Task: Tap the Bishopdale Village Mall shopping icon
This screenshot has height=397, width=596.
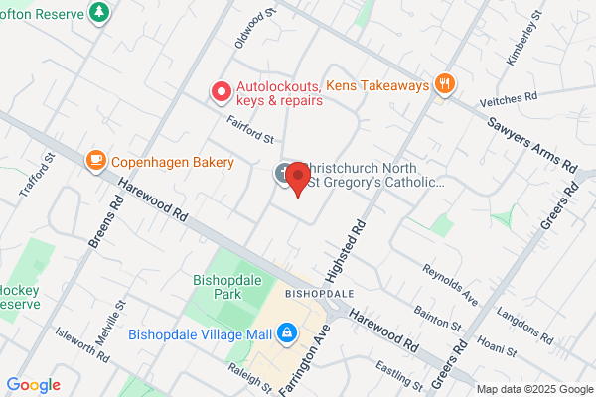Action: pyautogui.click(x=286, y=331)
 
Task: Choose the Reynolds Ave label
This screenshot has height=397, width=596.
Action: pyautogui.click(x=450, y=284)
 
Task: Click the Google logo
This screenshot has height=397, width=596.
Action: pyautogui.click(x=33, y=384)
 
